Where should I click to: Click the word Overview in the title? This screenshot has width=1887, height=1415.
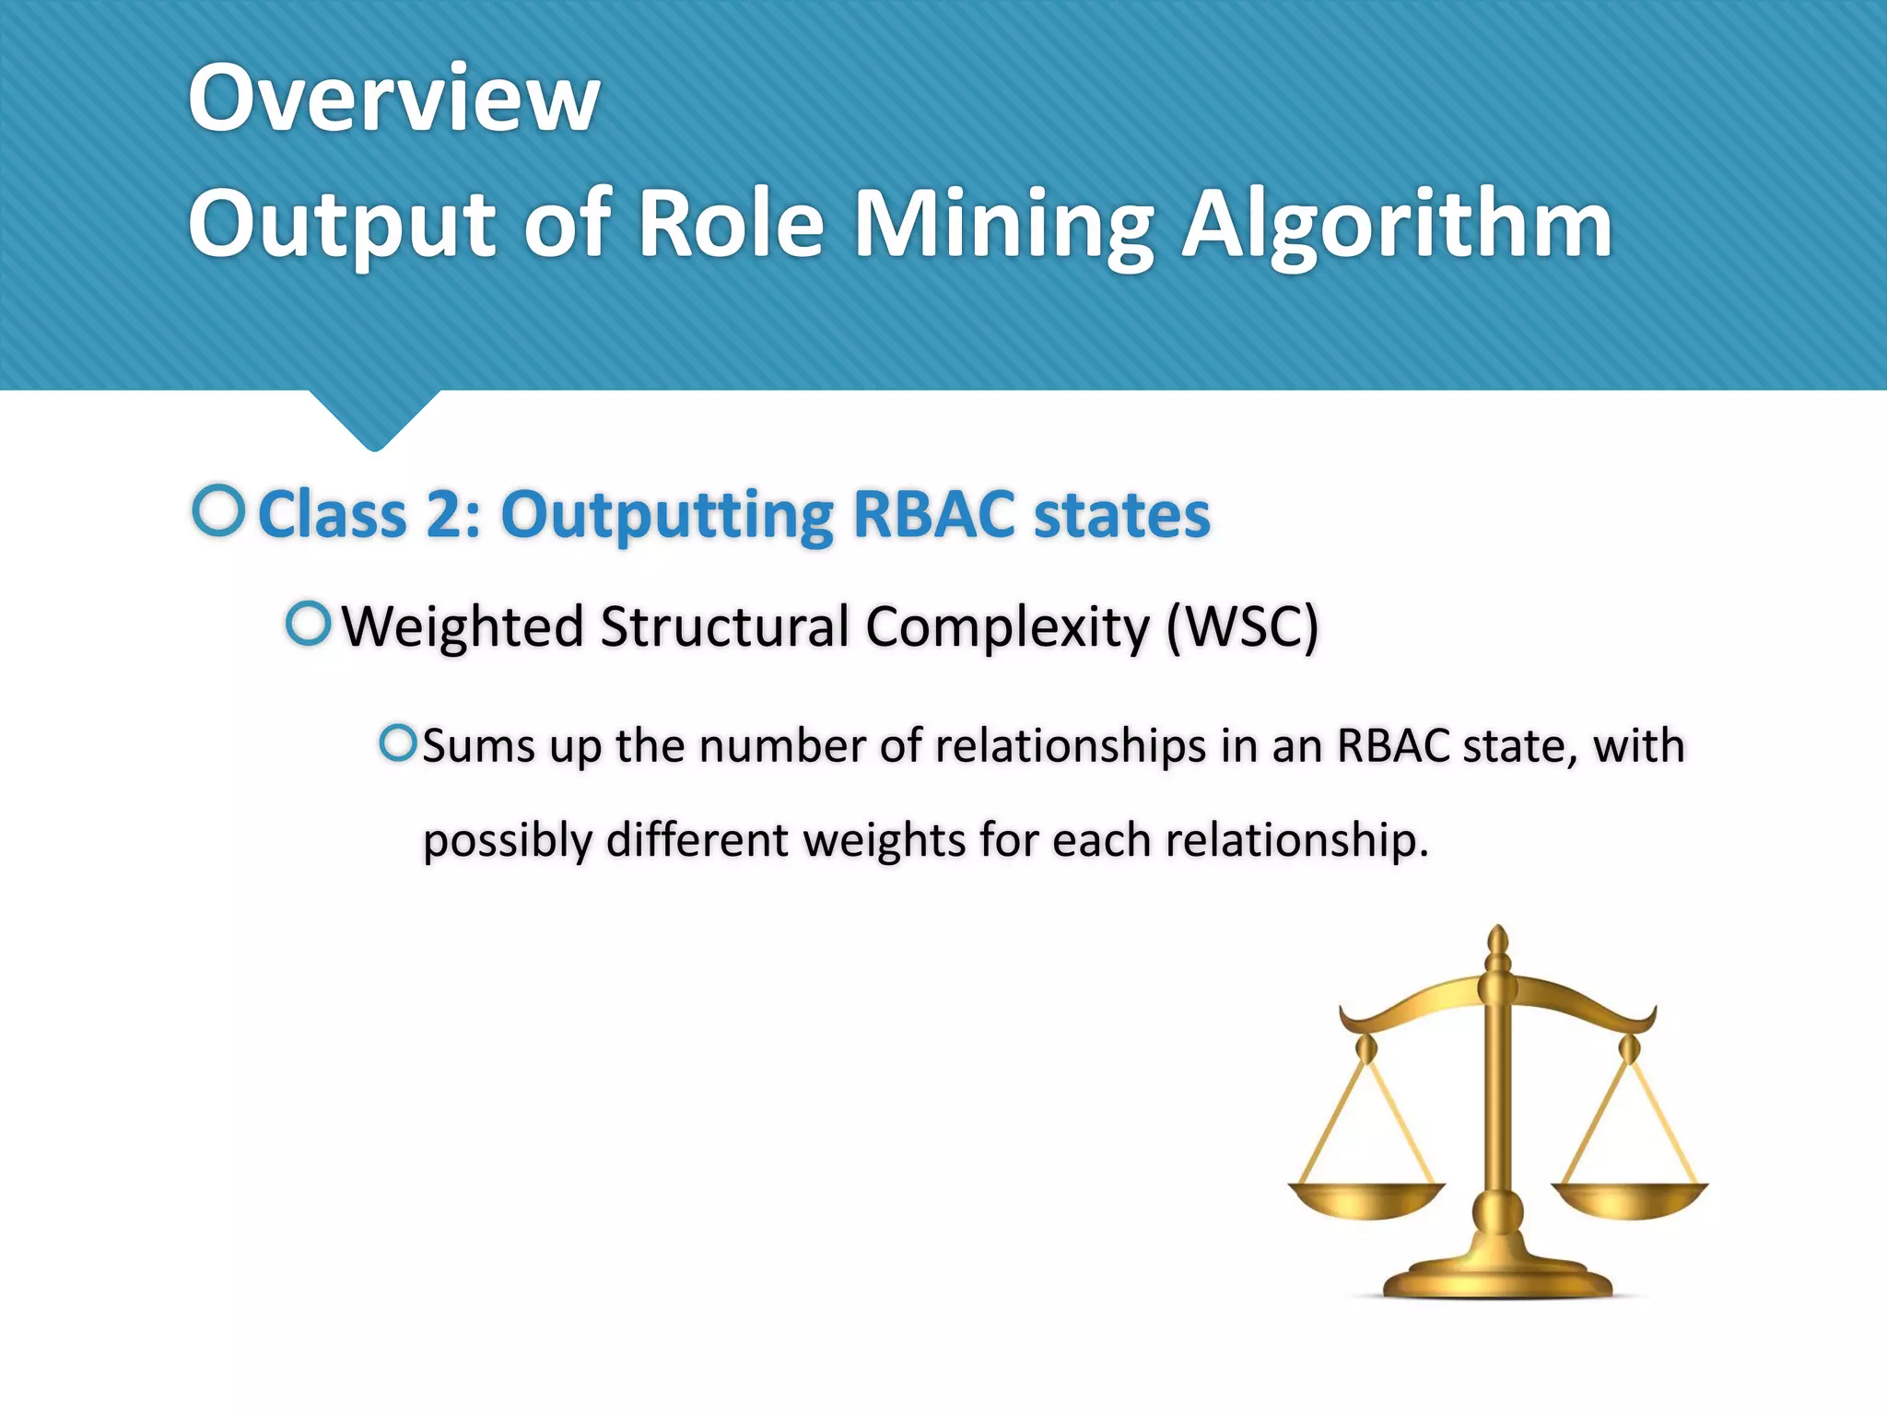click(394, 98)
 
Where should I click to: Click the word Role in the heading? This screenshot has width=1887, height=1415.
click(731, 226)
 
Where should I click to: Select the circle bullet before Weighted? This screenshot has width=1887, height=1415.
click(308, 624)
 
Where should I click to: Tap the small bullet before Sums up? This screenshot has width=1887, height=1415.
click(398, 743)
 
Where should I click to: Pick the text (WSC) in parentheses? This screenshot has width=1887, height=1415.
click(1242, 627)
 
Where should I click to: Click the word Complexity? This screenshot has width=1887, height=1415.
click(1008, 627)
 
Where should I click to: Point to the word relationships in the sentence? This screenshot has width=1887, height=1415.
click(1071, 745)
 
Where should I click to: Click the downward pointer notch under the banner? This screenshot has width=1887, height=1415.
click(374, 419)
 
